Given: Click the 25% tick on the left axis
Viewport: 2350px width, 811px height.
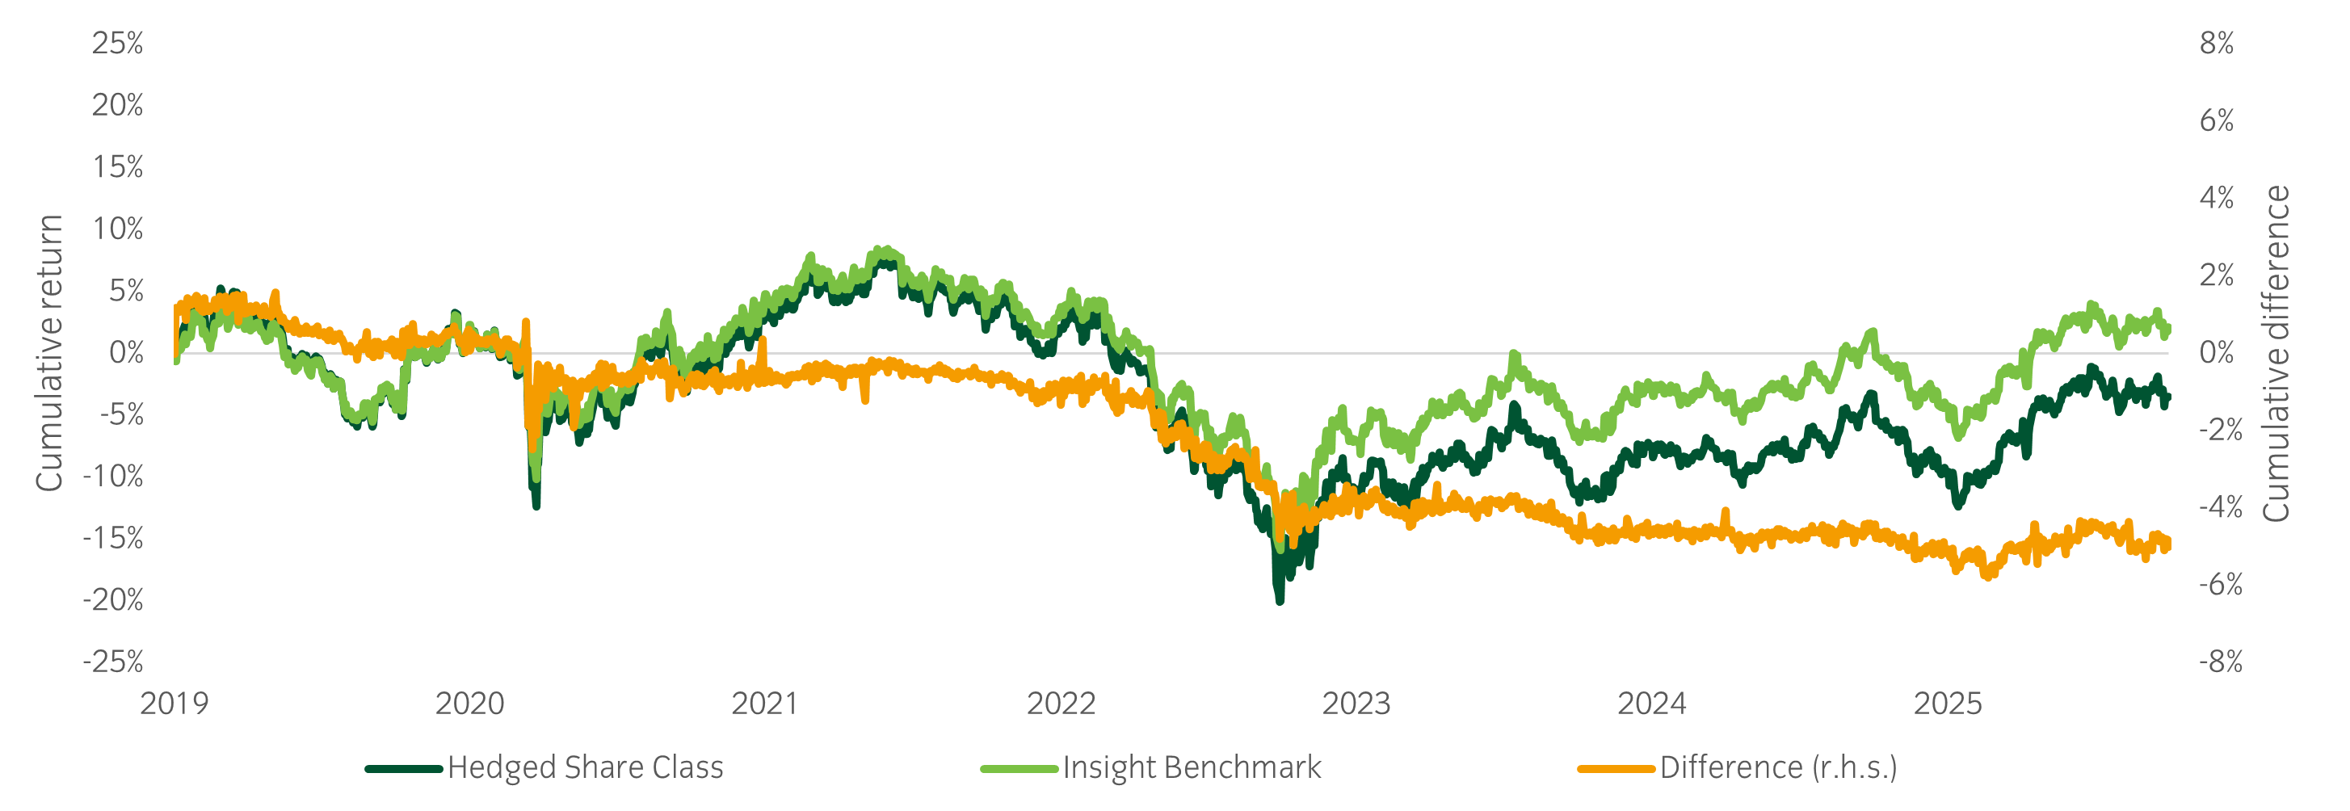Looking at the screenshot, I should click(x=117, y=44).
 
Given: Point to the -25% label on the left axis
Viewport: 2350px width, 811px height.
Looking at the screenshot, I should click(x=113, y=662).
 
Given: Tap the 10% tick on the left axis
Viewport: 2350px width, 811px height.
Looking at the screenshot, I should click(x=117, y=229).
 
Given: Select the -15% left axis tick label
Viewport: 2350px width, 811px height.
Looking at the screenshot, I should click(x=113, y=538).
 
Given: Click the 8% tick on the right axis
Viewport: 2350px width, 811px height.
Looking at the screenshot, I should click(x=2216, y=44).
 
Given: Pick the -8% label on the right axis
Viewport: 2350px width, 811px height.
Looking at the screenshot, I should click(x=2220, y=662).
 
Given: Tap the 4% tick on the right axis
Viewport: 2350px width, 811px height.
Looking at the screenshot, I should click(x=2216, y=198).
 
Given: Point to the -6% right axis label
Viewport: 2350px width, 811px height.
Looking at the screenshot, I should click(x=2220, y=584).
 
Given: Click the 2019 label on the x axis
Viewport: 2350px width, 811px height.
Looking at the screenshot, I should click(x=174, y=704).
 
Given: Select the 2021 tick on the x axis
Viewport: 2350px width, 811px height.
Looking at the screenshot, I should click(x=764, y=704).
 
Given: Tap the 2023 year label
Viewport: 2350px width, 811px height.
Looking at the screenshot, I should click(x=1356, y=704).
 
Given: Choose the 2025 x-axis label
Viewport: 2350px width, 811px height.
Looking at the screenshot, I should click(x=1947, y=704).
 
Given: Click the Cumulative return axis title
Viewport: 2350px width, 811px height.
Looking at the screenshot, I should click(x=49, y=353).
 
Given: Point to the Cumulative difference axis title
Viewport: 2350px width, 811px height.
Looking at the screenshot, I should click(x=2276, y=353).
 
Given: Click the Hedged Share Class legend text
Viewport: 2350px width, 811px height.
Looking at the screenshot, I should click(x=585, y=768).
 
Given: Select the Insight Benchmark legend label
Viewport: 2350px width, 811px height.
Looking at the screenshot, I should click(x=1192, y=768).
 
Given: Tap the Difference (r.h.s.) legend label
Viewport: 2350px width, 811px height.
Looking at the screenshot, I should click(x=1778, y=768).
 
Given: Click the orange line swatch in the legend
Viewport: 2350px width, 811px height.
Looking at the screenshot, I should click(x=1616, y=769).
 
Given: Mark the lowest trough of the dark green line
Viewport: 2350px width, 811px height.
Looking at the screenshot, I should click(x=1279, y=599).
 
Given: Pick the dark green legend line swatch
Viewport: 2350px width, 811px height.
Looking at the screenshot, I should click(x=404, y=769).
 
